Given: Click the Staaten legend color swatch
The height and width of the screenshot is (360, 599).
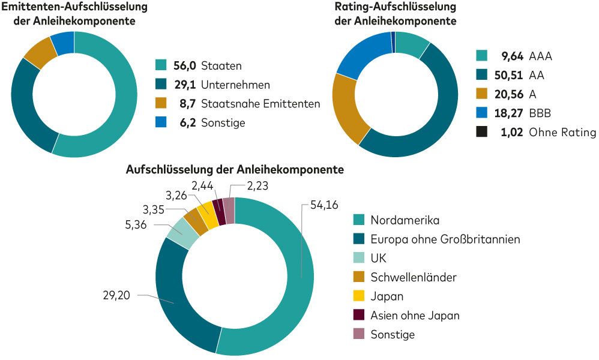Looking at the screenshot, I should point(160,65).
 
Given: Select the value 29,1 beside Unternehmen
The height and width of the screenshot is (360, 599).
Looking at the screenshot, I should point(185,85).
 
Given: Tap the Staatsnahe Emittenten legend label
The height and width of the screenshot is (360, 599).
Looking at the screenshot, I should point(260,104).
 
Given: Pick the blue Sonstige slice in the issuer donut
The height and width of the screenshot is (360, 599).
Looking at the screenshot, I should point(63,42).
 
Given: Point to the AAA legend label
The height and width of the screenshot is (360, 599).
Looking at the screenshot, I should point(540,56).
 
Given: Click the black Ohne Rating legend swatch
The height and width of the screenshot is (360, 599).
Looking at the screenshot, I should point(481,133).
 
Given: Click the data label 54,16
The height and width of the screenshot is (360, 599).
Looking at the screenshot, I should point(325,205).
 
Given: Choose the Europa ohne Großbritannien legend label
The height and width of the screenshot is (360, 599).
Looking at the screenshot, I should point(445,239).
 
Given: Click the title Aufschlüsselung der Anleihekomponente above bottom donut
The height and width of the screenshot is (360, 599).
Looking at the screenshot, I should point(235,169).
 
